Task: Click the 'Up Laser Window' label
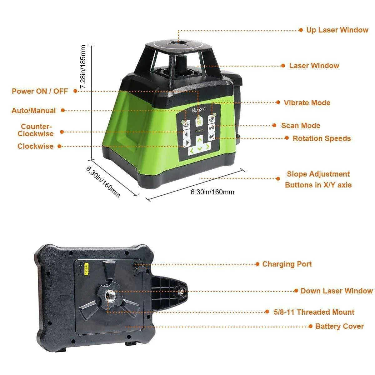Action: pyautogui.click(x=337, y=30)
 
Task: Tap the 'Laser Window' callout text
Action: pyautogui.click(x=314, y=66)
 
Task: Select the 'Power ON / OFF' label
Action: pyautogui.click(x=40, y=91)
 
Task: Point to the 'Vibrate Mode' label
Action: pyautogui.click(x=307, y=103)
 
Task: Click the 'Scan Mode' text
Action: pyautogui.click(x=301, y=126)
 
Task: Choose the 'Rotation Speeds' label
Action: pyautogui.click(x=322, y=138)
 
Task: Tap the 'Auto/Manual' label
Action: pyautogui.click(x=34, y=111)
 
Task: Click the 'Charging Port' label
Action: pyautogui.click(x=287, y=264)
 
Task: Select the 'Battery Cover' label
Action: pyautogui.click(x=339, y=326)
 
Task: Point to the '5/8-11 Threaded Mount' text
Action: pyautogui.click(x=314, y=312)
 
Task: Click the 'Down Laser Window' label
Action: pyautogui.click(x=337, y=291)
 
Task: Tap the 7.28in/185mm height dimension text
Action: pyautogui.click(x=83, y=67)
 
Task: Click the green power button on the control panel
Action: pyautogui.click(x=199, y=121)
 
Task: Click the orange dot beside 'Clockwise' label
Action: pyautogui.click(x=60, y=146)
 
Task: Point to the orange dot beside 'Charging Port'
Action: pyautogui.click(x=257, y=264)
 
